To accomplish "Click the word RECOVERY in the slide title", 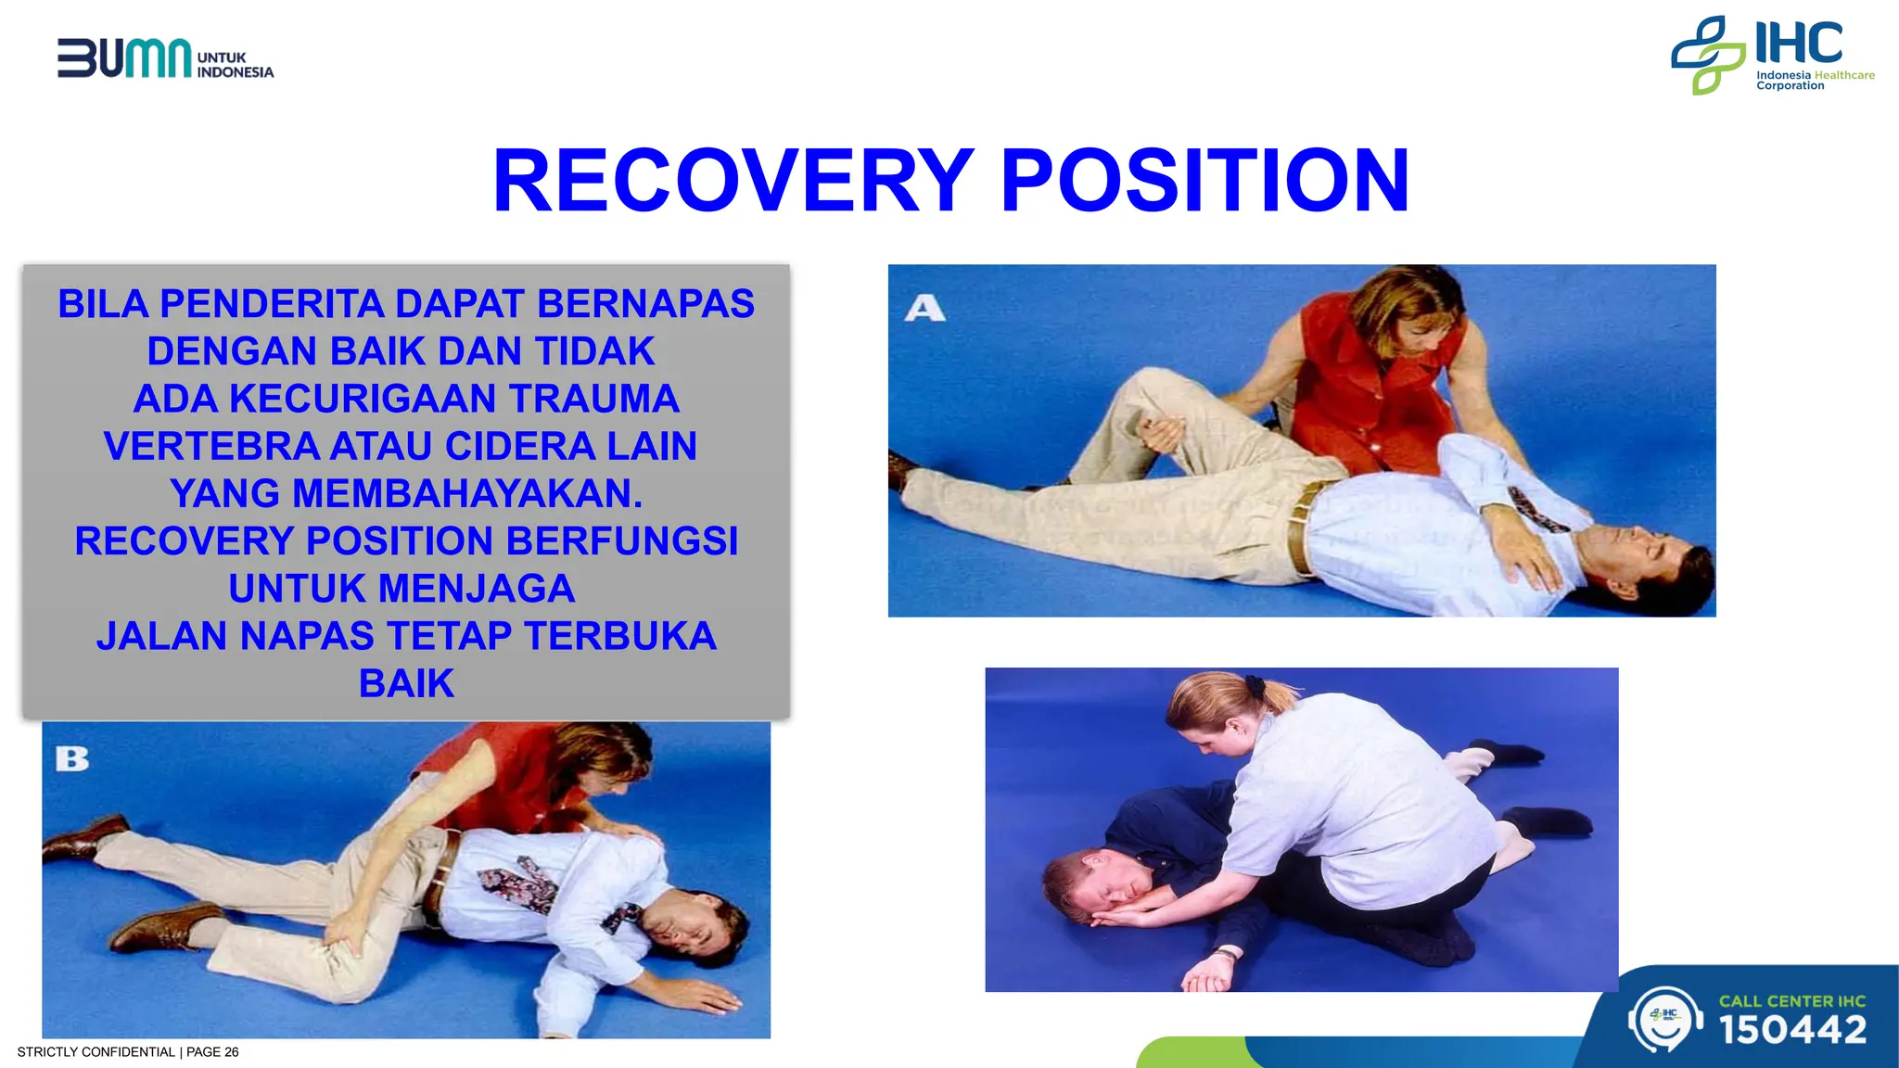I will tap(733, 181).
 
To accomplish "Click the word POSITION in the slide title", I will tap(1204, 181).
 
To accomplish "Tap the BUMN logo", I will tap(125, 58).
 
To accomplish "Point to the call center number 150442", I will tap(1792, 1030).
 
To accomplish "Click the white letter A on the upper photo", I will tap(924, 308).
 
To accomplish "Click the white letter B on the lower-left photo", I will tap(71, 759).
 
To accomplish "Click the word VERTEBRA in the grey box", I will tap(211, 446).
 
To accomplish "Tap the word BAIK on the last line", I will tap(406, 683).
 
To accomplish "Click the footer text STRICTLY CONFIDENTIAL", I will tap(96, 1052).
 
